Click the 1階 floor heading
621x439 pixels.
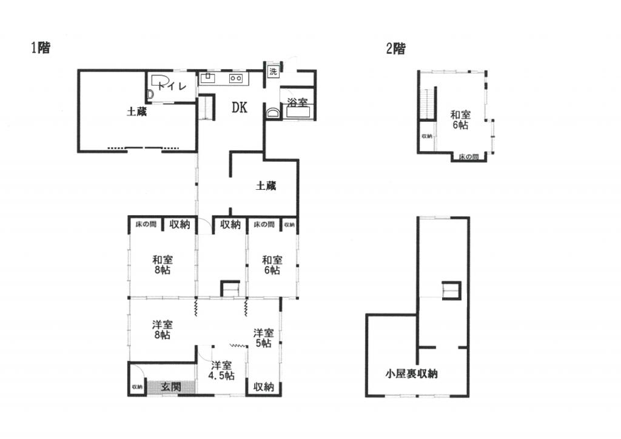pyautogui.click(x=41, y=49)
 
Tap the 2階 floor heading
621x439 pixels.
pyautogui.click(x=395, y=49)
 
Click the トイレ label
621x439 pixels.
pyautogui.click(x=170, y=86)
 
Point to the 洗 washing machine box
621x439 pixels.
pyautogui.click(x=272, y=71)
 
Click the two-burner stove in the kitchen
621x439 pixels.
pyautogui.click(x=235, y=78)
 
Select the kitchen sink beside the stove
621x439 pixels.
pyautogui.click(x=207, y=78)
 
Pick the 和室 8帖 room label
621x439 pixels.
pyautogui.click(x=162, y=265)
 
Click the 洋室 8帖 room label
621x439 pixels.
pyautogui.click(x=161, y=330)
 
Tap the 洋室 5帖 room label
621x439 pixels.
pyautogui.click(x=263, y=338)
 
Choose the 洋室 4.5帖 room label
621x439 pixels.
pyautogui.click(x=221, y=370)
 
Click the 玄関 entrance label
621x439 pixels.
pyautogui.click(x=171, y=386)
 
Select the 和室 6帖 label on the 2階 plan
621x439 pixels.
pyautogui.click(x=460, y=119)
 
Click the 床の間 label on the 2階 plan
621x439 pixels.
pyautogui.click(x=468, y=157)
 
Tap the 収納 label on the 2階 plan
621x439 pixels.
pyautogui.click(x=427, y=136)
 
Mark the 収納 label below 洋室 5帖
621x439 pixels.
pyautogui.click(x=263, y=386)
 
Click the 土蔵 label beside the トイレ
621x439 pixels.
pyautogui.click(x=137, y=112)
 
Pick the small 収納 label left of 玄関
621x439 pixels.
pyautogui.click(x=136, y=387)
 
